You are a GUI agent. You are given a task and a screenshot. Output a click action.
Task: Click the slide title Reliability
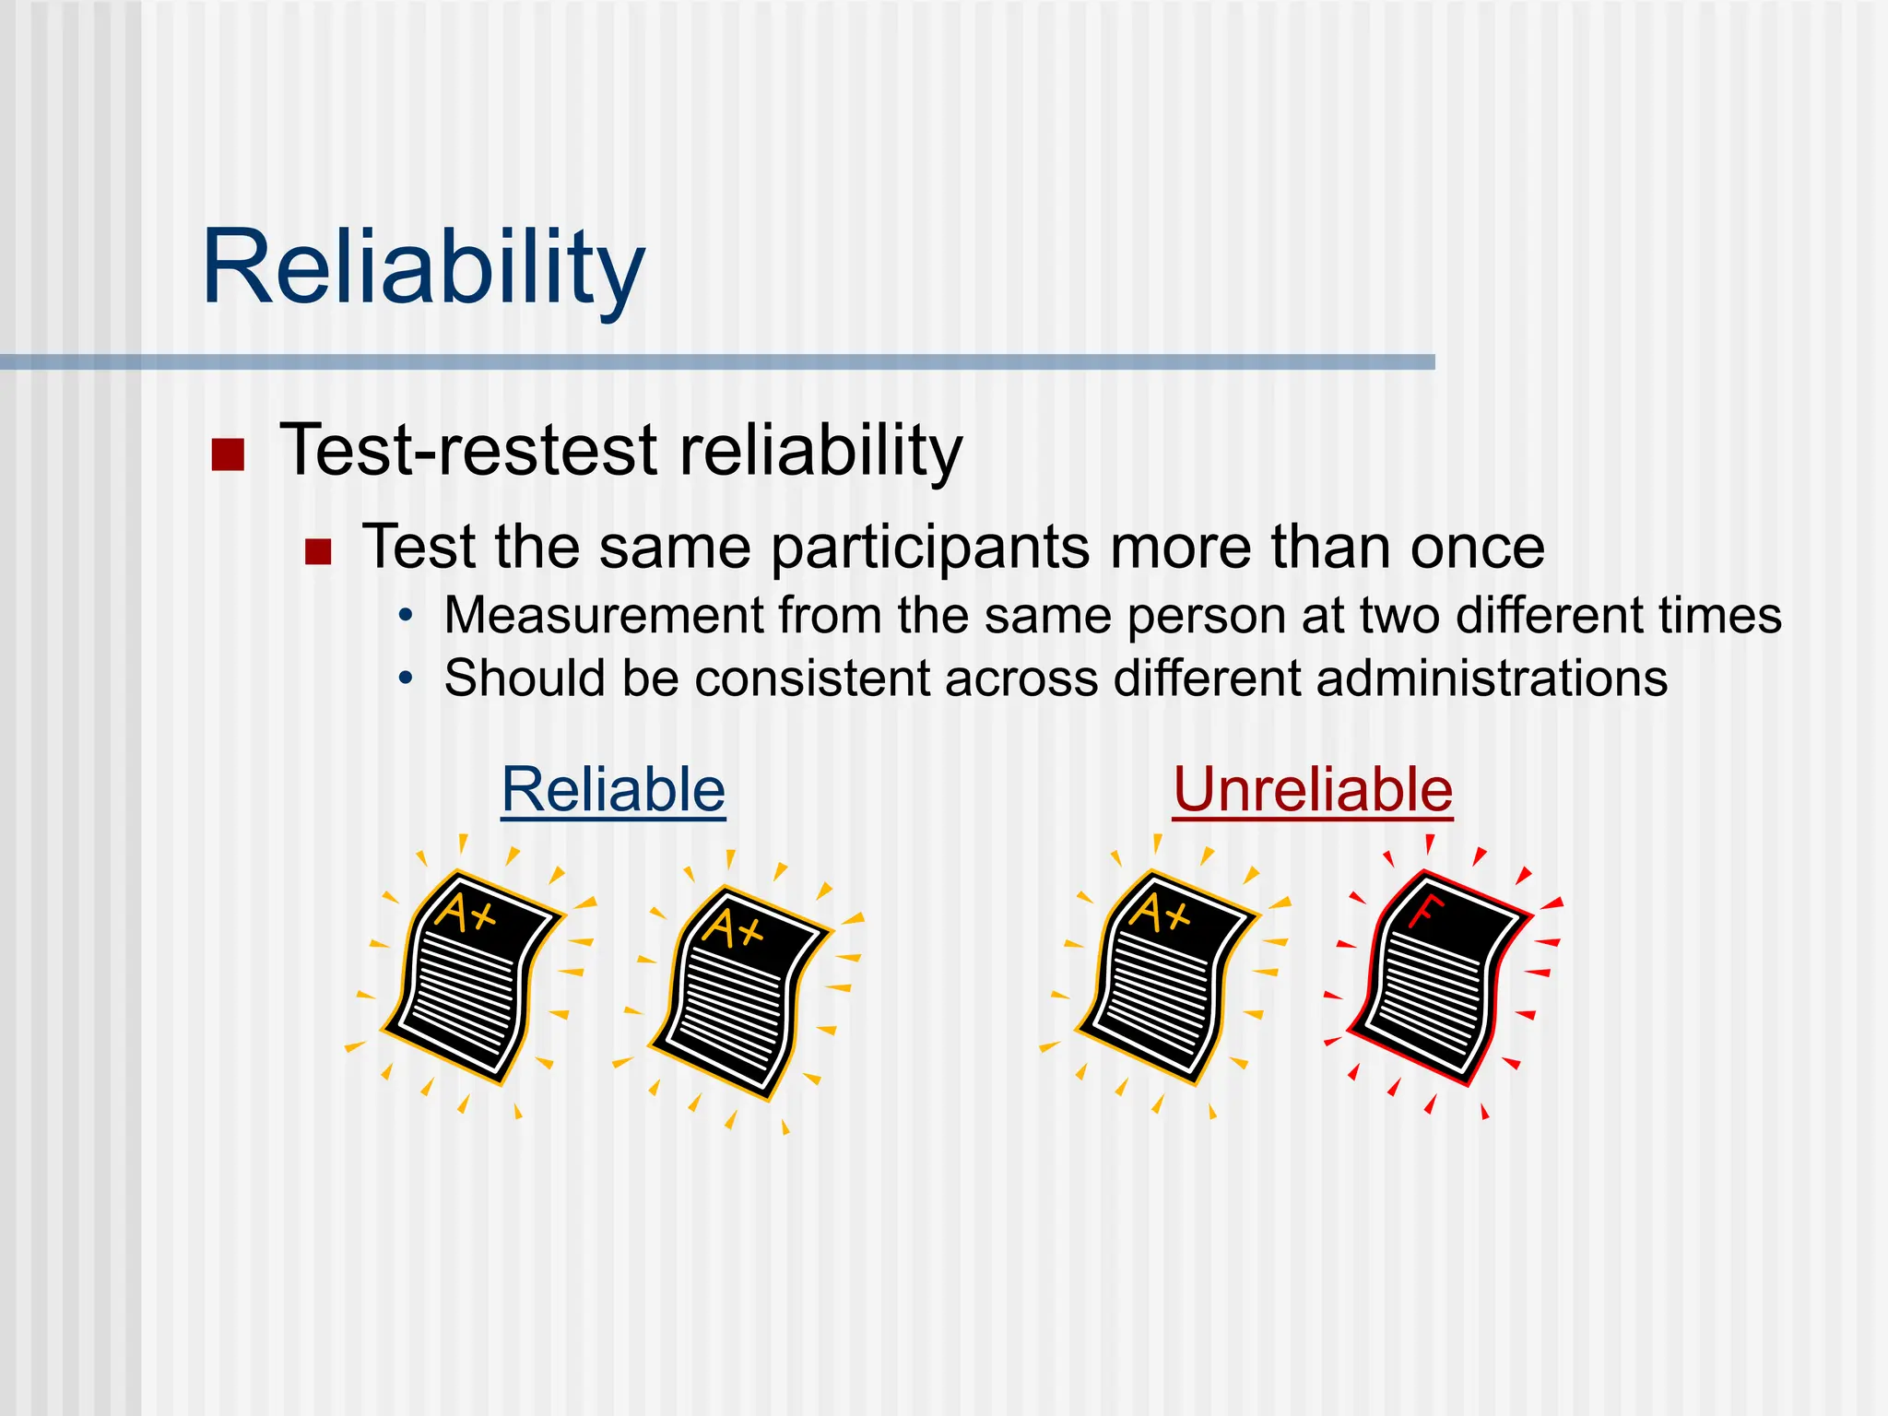(423, 267)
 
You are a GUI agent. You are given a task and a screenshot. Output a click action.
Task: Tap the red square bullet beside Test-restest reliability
(228, 454)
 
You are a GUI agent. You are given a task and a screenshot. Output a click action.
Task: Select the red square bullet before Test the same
(318, 551)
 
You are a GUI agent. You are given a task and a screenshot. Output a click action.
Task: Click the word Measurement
(604, 616)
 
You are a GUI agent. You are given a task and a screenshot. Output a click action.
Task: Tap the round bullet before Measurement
(406, 616)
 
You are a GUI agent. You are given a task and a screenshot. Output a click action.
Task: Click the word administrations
(1491, 678)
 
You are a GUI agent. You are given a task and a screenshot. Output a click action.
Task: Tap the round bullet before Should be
(406, 679)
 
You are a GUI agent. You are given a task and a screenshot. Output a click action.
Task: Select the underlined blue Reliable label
(613, 790)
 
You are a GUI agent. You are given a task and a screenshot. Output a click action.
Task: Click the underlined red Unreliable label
(1313, 790)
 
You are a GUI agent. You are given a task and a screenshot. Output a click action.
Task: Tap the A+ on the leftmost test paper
(466, 913)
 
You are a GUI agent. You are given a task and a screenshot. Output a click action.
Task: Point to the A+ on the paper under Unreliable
(1160, 913)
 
